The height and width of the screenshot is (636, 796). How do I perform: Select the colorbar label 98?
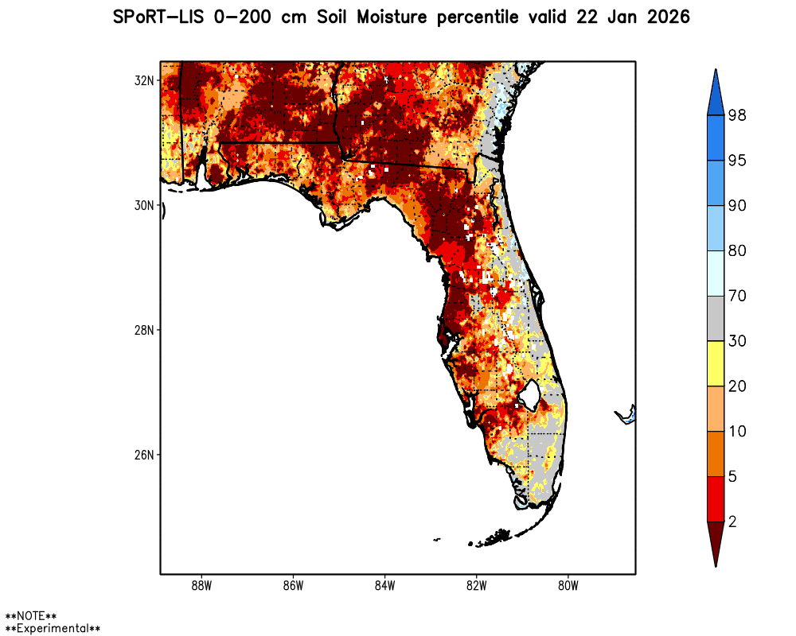point(736,116)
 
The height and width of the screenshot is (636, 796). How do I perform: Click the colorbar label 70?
point(736,297)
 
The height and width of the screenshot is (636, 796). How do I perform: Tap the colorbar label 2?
point(732,522)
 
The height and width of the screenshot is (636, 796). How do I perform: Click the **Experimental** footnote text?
point(53,629)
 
